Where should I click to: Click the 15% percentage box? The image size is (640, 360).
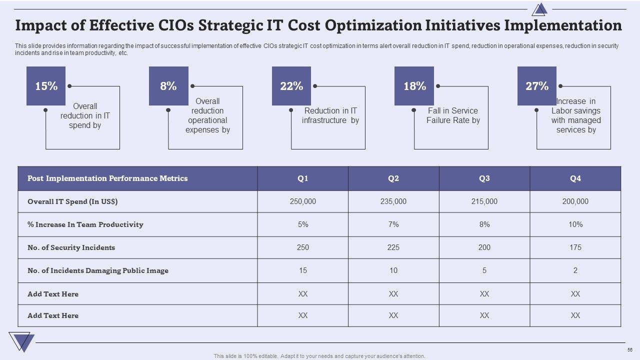coord(46,86)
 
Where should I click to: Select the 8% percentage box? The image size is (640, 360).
coord(168,86)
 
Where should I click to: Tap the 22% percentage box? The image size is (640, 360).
coord(291,86)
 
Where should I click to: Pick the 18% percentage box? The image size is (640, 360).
coord(414,86)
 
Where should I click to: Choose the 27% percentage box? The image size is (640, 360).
coord(537,86)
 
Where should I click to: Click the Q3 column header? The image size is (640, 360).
coord(484,178)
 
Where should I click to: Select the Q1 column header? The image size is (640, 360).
coord(303,178)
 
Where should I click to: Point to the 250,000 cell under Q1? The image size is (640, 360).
coord(303,201)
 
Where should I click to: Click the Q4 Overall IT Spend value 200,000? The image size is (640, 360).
coord(575,201)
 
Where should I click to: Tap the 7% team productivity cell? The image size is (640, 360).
coord(393,224)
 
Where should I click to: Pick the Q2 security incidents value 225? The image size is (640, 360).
coord(393,247)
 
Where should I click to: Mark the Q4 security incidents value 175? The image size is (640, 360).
coord(575,247)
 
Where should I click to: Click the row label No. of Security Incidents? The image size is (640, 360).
coord(71,247)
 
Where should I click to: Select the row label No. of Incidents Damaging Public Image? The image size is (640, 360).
coord(98,270)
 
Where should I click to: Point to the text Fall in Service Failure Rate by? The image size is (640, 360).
coord(453,115)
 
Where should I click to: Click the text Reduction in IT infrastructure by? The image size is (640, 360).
coord(330,115)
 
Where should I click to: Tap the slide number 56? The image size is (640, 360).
coord(629,349)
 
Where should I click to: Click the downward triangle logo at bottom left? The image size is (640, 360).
coord(21,341)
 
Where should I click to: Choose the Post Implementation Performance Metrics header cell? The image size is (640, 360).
coord(107,178)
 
